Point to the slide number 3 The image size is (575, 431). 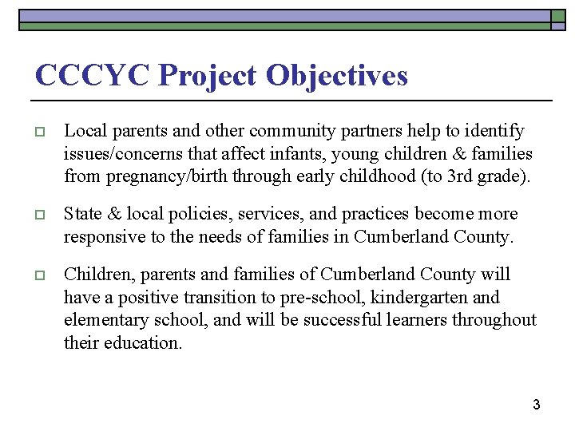click(x=537, y=405)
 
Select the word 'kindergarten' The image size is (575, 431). click(x=416, y=298)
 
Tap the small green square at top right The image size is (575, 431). click(x=557, y=16)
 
